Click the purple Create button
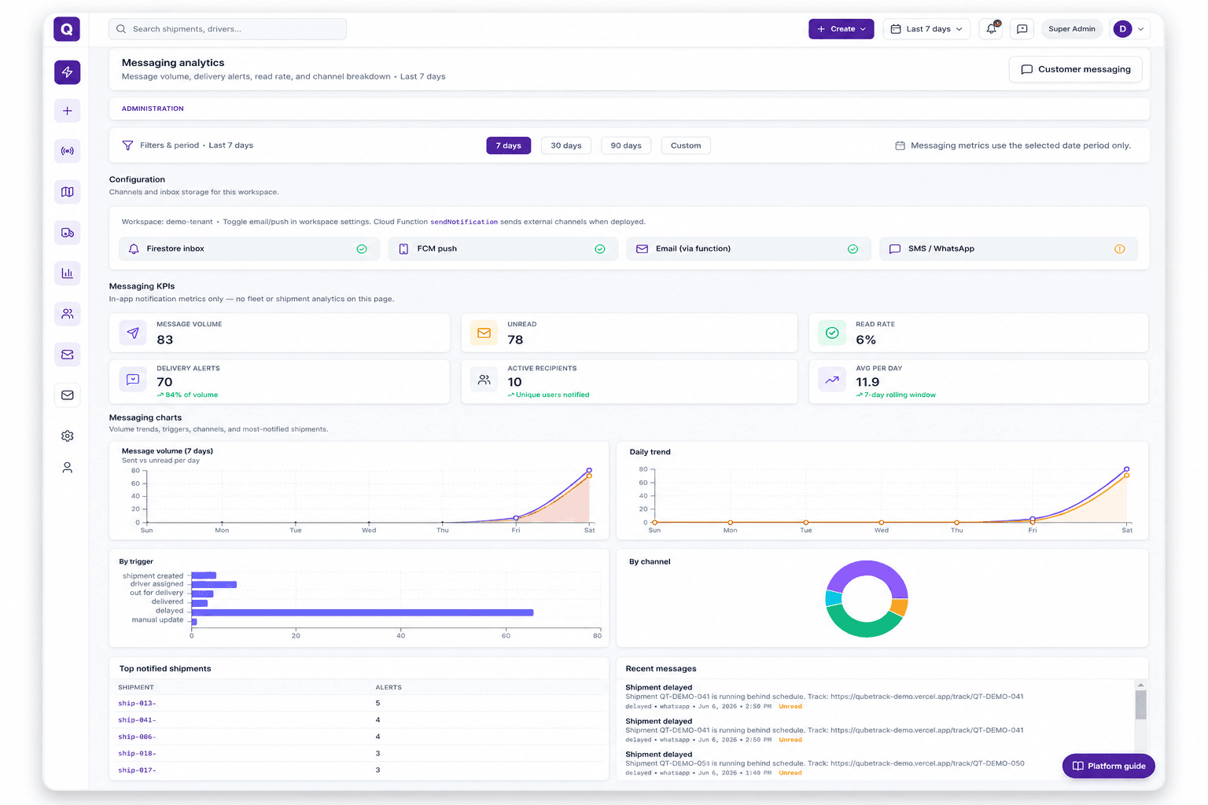(841, 29)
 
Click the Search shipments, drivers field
(227, 29)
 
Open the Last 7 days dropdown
(926, 29)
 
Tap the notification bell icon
(991, 29)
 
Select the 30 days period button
(565, 145)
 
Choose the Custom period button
(686, 145)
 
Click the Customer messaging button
(1075, 69)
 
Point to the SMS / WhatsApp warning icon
(1120, 249)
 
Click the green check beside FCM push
(600, 249)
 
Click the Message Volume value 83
(165, 340)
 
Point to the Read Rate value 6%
(866, 340)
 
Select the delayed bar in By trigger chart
(363, 612)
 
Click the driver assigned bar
(214, 584)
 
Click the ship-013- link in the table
(137, 703)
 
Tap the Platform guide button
(1108, 766)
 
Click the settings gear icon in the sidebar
(68, 436)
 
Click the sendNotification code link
(464, 222)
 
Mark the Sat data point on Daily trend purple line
(1126, 469)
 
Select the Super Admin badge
(1072, 29)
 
